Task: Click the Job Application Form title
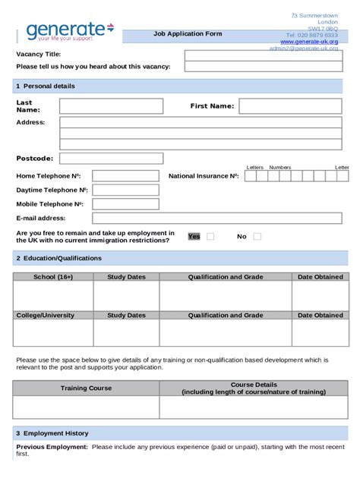click(188, 34)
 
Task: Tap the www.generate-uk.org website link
click(309, 42)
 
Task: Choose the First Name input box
click(290, 105)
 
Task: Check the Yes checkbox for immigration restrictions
click(210, 237)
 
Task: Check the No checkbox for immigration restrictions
click(257, 237)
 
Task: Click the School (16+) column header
click(53, 277)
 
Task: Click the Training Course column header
click(86, 388)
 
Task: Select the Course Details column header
click(254, 388)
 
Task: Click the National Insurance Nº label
click(204, 176)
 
